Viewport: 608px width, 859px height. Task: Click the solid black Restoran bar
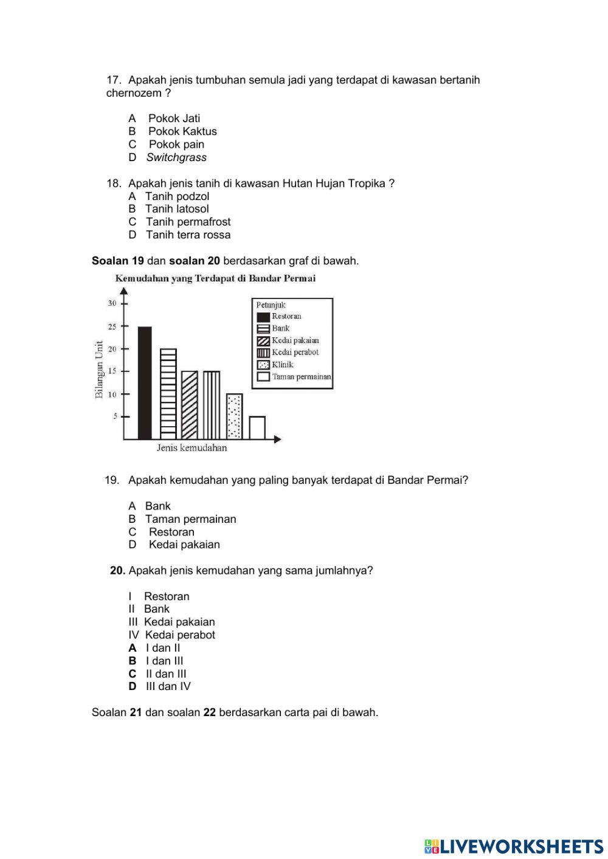pyautogui.click(x=145, y=383)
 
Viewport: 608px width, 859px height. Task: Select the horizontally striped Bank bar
pyautogui.click(x=168, y=394)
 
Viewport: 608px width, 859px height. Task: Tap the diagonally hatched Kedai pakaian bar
pyautogui.click(x=189, y=405)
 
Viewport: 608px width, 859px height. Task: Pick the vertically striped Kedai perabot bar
pyautogui.click(x=212, y=405)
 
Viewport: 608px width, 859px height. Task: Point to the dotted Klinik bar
pyautogui.click(x=234, y=416)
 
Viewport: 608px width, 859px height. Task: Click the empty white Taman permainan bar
pyautogui.click(x=257, y=427)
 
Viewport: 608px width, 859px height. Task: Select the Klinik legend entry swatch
pyautogui.click(x=263, y=365)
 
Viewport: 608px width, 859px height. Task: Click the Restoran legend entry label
pyautogui.click(x=286, y=316)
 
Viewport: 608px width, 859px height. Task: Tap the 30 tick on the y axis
pyautogui.click(x=112, y=303)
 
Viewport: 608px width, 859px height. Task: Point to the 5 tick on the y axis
pyautogui.click(x=114, y=416)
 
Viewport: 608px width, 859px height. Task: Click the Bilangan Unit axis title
pyautogui.click(x=99, y=370)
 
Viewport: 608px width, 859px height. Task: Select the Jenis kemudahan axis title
pyautogui.click(x=192, y=448)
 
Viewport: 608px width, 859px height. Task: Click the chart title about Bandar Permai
pyautogui.click(x=215, y=278)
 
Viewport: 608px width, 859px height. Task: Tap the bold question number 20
pyautogui.click(x=118, y=570)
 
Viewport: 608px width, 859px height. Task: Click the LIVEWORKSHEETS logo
pyautogui.click(x=514, y=846)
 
